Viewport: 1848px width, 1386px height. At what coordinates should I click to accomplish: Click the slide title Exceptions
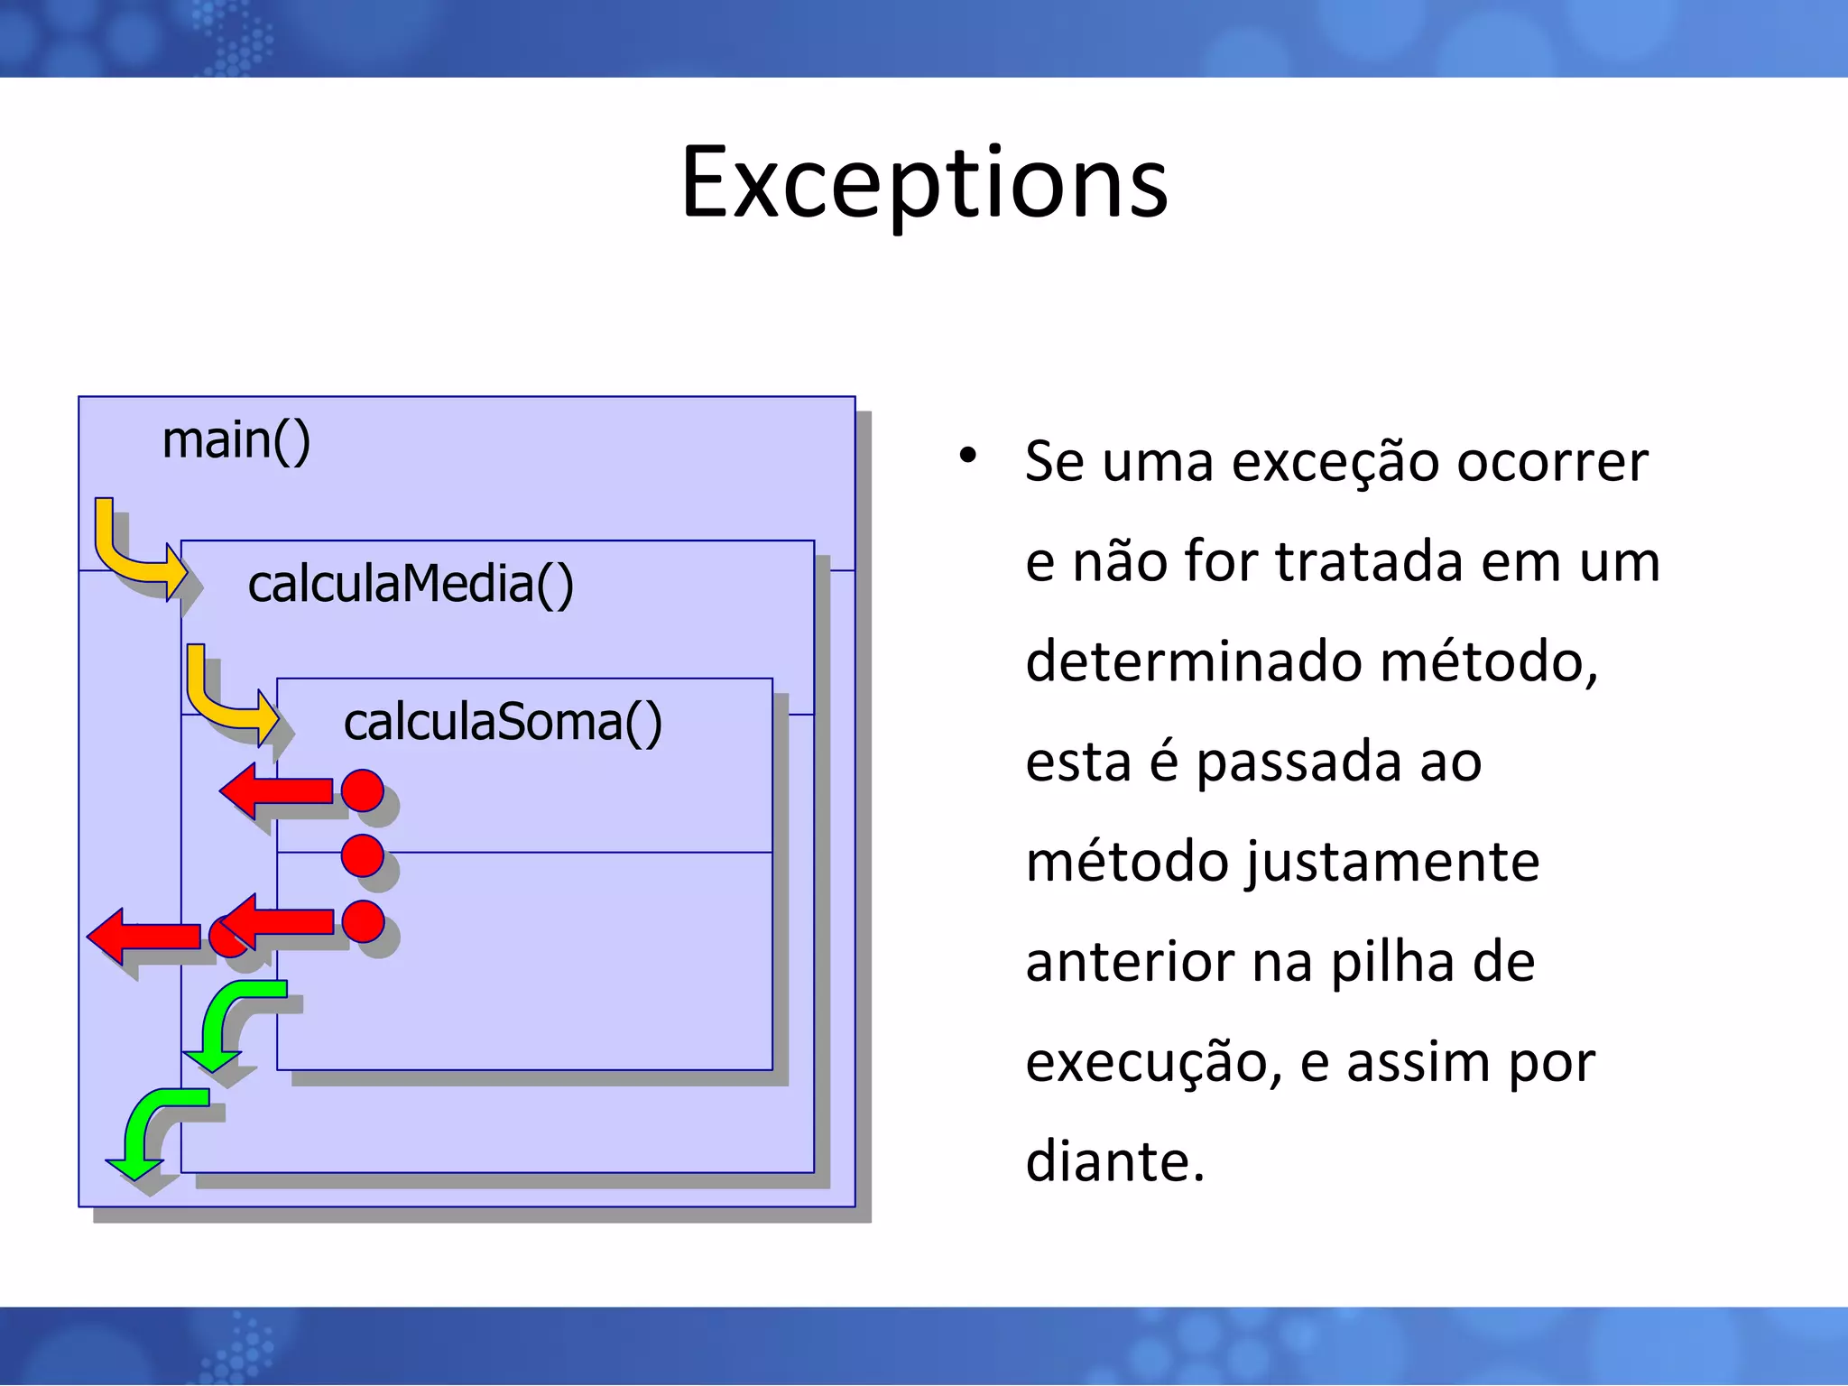[924, 183]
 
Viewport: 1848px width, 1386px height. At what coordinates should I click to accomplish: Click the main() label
[236, 440]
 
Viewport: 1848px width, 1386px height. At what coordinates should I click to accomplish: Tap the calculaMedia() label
[411, 584]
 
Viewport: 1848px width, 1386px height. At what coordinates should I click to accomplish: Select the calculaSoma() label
[503, 722]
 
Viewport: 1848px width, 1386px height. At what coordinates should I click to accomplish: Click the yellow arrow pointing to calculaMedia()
[135, 552]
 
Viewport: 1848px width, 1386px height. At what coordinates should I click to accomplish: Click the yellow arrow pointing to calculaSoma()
[227, 698]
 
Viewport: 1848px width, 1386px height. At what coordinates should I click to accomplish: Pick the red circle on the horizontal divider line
[363, 855]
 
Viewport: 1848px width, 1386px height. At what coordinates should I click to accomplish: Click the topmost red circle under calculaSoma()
[363, 790]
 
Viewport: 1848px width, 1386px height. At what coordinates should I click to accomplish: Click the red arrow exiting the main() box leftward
[144, 937]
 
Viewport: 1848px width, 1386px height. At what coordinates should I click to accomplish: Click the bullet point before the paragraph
[967, 455]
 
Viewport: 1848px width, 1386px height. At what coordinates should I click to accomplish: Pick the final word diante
[1115, 1162]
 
